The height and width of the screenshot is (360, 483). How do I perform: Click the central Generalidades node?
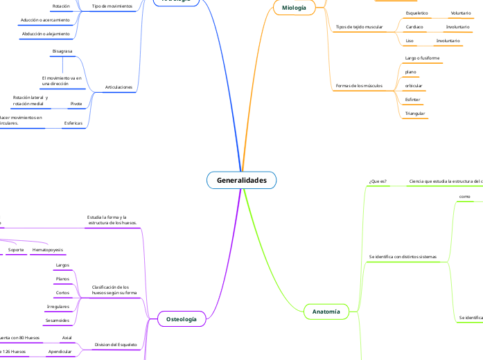241,181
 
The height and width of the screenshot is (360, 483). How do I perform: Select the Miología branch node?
295,8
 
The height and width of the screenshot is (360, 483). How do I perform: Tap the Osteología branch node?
182,318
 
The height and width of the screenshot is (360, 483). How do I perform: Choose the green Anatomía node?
326,312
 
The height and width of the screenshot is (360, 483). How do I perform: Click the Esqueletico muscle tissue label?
416,13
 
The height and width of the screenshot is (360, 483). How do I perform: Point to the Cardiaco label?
415,27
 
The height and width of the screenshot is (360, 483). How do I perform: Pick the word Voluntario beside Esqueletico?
460,13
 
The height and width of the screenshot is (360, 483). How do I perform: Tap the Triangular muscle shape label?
415,113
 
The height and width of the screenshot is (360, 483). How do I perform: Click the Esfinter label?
413,99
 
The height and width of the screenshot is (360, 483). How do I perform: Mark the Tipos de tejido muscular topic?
359,27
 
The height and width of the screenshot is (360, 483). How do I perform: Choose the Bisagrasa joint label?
63,51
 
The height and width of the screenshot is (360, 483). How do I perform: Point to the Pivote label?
76,103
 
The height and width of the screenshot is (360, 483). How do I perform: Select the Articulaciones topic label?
118,87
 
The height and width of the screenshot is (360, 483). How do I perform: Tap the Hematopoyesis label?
46,249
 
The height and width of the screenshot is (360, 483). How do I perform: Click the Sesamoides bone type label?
58,321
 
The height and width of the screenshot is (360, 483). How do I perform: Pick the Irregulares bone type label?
58,305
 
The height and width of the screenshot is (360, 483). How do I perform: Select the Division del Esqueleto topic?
116,344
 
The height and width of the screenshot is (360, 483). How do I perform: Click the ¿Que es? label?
378,181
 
